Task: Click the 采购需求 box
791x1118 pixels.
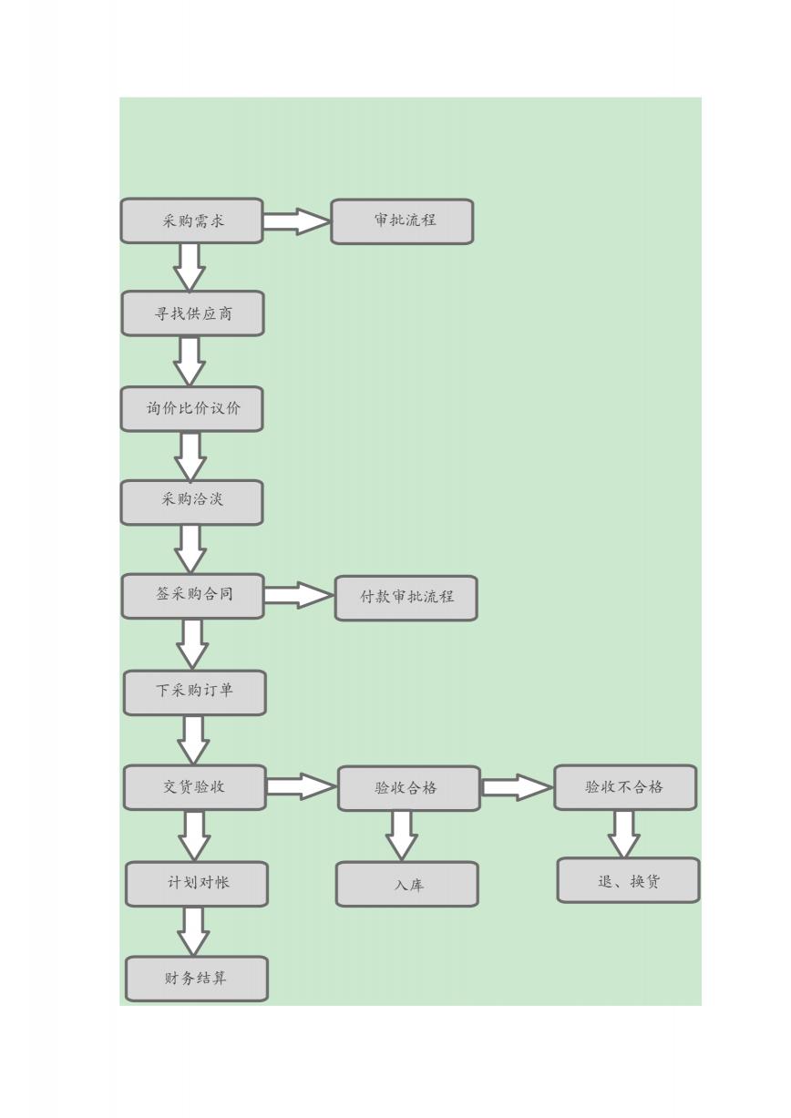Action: pos(191,221)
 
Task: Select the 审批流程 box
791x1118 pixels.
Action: pos(402,221)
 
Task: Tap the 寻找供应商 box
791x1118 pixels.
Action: pos(192,313)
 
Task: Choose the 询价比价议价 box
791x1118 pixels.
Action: pos(191,409)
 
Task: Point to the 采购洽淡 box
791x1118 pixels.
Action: pos(191,502)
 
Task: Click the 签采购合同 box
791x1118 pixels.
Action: pos(192,596)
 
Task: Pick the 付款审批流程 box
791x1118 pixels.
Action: pos(406,598)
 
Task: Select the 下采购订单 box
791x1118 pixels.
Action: pos(195,692)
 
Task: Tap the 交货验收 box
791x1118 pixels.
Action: pos(195,787)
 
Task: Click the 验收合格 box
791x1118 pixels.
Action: pos(409,788)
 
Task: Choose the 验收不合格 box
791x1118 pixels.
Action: pos(625,787)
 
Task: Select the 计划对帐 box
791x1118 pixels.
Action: pos(197,884)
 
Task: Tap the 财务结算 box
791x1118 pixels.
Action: pos(197,979)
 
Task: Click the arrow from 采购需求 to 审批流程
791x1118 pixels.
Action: pos(297,221)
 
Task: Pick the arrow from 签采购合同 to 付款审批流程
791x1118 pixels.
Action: pos(299,595)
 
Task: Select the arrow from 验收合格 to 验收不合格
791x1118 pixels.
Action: pos(517,787)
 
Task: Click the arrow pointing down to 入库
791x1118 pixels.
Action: pos(402,836)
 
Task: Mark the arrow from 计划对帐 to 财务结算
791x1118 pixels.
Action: pos(193,931)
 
